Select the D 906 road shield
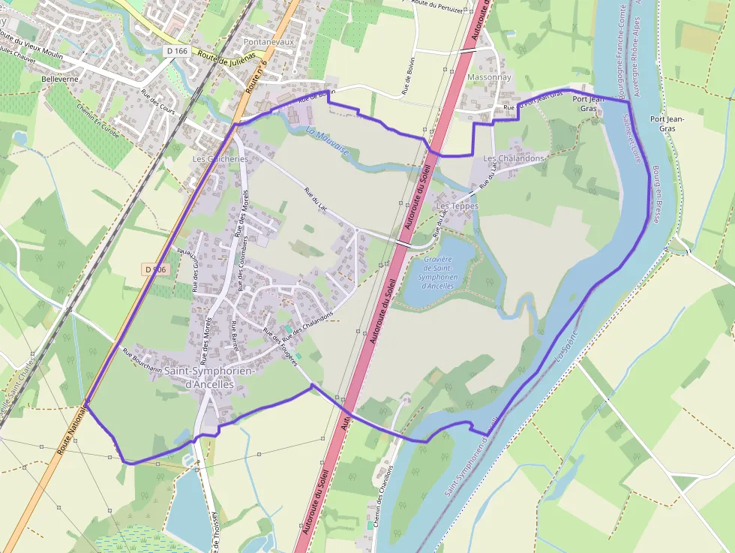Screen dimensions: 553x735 (x=154, y=269)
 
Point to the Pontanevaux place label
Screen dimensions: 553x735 (x=268, y=42)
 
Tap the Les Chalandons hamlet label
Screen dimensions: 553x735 (x=513, y=158)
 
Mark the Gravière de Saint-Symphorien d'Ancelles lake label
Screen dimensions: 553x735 (x=437, y=272)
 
